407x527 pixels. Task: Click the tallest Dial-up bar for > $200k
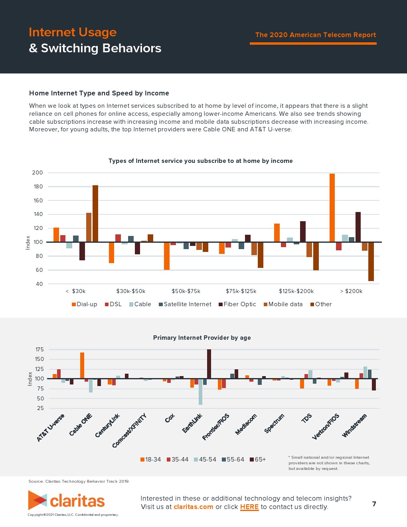332,208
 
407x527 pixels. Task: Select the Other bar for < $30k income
95,214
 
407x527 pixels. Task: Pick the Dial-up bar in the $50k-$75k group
167,256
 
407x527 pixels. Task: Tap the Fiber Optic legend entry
237,304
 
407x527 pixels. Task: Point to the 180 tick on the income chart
38,186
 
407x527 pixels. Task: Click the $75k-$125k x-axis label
241,291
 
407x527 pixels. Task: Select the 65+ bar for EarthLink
209,364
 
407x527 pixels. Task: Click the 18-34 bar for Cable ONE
82,365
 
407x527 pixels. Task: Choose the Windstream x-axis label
354,426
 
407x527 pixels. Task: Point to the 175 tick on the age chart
40,349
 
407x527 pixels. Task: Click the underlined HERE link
249,507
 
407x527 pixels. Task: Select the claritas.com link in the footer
193,507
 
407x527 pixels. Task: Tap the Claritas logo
66,500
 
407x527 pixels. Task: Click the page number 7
374,504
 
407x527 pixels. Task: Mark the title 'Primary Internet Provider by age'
202,338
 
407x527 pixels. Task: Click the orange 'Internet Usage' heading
73,32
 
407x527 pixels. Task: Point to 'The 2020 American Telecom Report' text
315,35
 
